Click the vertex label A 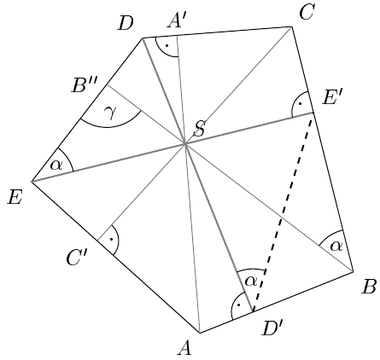click(x=184, y=348)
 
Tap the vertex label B click(x=370, y=287)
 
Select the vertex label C click(x=307, y=13)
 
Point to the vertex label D click(x=126, y=23)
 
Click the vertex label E click(x=15, y=197)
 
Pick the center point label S click(x=199, y=130)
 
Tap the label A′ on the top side click(x=176, y=20)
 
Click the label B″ click(x=84, y=85)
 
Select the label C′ click(x=75, y=258)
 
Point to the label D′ click(x=272, y=328)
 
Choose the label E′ click(x=330, y=99)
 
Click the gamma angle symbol click(x=110, y=113)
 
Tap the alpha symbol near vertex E click(x=56, y=165)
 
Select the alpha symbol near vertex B click(x=336, y=246)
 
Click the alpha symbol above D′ click(x=251, y=281)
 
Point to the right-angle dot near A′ click(x=167, y=45)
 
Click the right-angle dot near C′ click(x=111, y=239)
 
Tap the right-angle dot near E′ click(x=300, y=104)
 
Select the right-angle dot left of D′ click(x=238, y=305)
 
